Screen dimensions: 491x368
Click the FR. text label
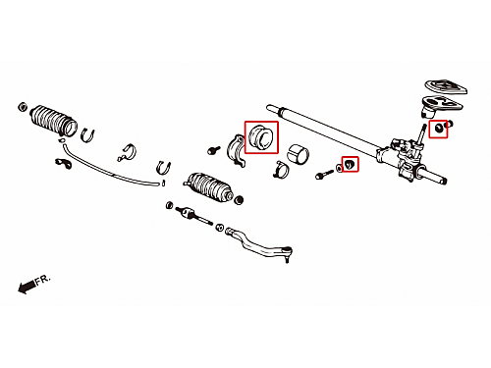(x=43, y=280)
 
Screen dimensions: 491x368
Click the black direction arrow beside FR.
(x=27, y=287)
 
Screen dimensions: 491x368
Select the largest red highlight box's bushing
(x=260, y=137)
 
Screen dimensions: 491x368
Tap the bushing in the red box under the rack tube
(x=350, y=164)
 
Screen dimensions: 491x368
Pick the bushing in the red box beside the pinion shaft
(x=439, y=128)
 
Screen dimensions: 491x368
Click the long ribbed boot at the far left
(x=54, y=120)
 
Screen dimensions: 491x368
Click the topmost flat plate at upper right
(x=446, y=86)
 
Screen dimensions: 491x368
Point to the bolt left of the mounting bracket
(x=214, y=150)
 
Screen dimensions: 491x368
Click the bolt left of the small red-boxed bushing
(x=324, y=174)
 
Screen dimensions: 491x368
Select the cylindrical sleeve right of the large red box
(x=298, y=154)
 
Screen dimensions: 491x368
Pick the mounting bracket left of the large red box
(x=237, y=150)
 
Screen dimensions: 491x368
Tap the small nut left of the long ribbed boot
(x=23, y=107)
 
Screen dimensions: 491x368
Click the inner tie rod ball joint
(x=186, y=212)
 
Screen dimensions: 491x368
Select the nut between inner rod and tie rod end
(x=220, y=228)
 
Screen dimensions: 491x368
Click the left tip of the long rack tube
(x=269, y=107)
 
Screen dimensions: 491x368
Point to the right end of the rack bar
(x=445, y=181)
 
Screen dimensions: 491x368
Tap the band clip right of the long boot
(x=87, y=135)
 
